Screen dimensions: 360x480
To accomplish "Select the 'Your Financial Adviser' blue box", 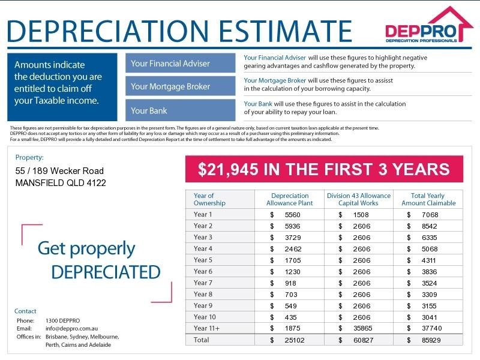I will click(180, 64).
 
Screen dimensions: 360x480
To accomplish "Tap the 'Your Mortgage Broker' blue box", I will click(180, 86).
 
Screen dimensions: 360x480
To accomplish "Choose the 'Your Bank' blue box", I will click(180, 110).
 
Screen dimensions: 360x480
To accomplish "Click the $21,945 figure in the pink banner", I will click(225, 169).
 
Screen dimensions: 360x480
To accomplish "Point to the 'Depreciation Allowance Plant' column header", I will click(290, 199).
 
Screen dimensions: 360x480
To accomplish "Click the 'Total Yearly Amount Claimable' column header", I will click(428, 199).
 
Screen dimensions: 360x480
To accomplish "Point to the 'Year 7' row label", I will click(203, 283).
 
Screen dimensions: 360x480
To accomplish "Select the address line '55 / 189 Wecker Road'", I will click(59, 171).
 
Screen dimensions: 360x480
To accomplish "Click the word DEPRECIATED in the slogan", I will click(106, 272).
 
